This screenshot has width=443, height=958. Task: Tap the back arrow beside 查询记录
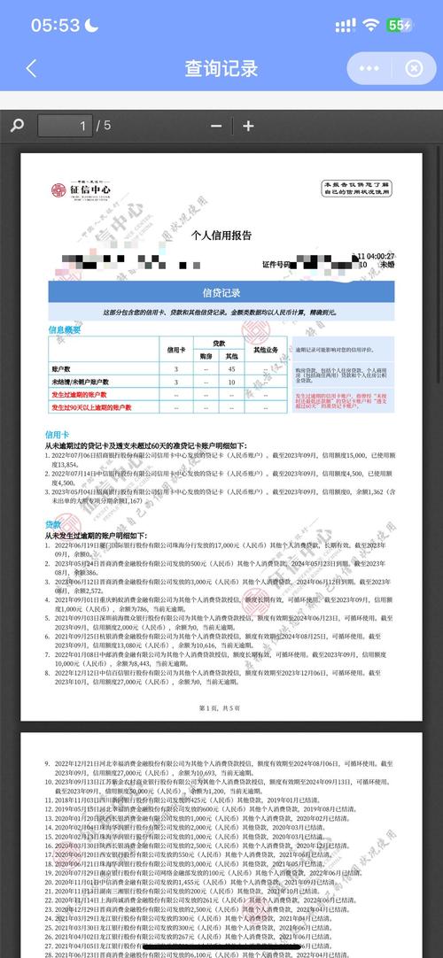[32, 68]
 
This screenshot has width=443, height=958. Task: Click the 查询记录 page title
[221, 68]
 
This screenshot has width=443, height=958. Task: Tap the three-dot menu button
[369, 68]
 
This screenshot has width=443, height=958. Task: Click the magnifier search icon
[17, 126]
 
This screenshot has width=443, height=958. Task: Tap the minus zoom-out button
[216, 126]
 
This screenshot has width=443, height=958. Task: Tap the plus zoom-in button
[248, 126]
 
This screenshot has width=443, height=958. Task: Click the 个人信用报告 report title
[221, 236]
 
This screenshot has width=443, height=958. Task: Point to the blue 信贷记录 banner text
[221, 293]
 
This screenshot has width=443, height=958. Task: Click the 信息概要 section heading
[64, 329]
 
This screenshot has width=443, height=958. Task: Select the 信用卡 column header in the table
[175, 349]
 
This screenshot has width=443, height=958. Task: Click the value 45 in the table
[230, 368]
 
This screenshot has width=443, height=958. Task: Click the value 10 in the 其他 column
[230, 382]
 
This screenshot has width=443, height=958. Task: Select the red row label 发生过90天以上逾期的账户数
[91, 407]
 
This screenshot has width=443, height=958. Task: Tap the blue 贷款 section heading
[53, 524]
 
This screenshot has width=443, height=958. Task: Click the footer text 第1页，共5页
[221, 707]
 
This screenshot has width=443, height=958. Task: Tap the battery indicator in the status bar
[399, 26]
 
